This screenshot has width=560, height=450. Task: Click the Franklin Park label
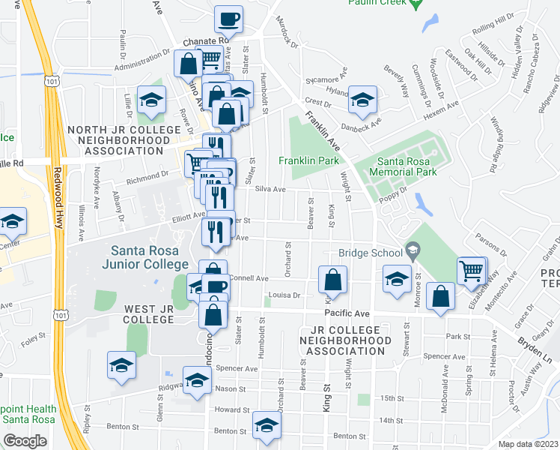(309, 160)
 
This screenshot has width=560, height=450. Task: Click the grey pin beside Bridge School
(412, 249)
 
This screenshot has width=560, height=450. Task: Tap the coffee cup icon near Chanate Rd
(229, 19)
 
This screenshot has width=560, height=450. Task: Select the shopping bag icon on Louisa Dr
(332, 280)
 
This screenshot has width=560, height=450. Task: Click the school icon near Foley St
(121, 365)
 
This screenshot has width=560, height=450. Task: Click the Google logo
(25, 441)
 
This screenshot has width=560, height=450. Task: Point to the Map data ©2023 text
(529, 445)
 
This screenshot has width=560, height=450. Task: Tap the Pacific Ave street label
(347, 313)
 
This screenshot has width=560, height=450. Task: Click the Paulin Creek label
(377, 3)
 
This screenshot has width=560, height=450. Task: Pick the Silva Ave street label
(271, 190)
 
